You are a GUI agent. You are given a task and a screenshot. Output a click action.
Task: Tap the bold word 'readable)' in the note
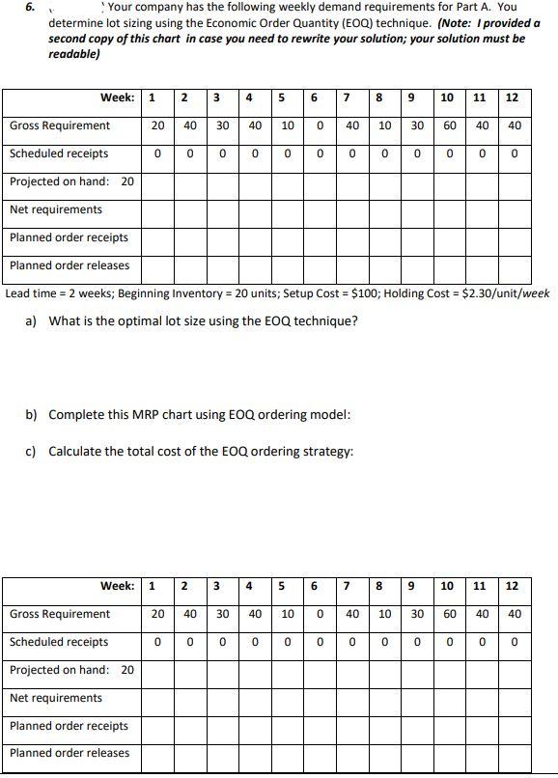(74, 54)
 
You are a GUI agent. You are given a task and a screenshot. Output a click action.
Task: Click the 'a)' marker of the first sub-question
(31, 320)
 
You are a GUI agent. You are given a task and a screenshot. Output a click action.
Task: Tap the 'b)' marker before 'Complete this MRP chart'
(31, 415)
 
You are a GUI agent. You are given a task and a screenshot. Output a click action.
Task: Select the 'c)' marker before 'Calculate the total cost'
(31, 451)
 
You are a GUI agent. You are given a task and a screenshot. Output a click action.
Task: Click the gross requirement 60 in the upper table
(450, 125)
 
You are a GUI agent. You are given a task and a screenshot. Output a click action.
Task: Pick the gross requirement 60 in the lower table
(450, 614)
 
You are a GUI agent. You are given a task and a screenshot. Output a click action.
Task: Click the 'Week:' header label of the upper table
(118, 97)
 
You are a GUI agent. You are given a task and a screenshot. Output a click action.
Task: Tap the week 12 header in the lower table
(512, 586)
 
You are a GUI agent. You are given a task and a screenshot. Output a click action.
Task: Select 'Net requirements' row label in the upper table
(56, 209)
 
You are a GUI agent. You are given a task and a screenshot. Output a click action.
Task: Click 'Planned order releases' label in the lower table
(70, 753)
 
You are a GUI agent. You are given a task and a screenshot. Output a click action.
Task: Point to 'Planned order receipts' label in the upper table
(69, 237)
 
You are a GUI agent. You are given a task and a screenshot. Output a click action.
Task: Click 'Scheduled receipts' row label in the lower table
(59, 642)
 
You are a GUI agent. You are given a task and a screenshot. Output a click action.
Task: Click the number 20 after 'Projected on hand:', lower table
(127, 670)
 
